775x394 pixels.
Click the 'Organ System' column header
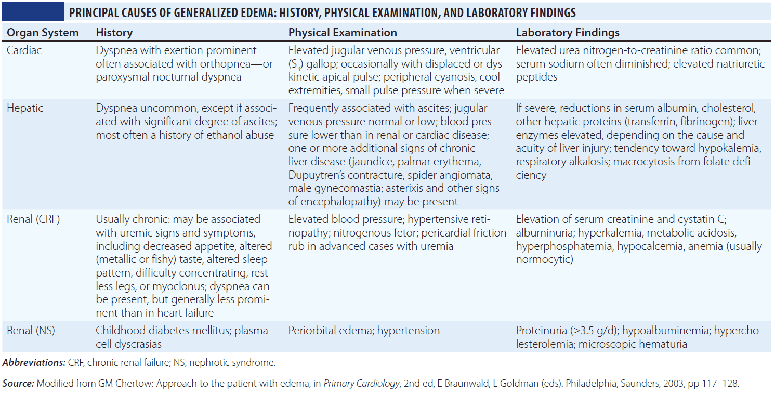point(42,33)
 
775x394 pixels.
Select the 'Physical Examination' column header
point(343,33)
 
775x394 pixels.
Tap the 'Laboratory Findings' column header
point(568,33)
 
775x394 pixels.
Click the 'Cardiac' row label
point(24,50)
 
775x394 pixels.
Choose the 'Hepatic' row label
point(25,109)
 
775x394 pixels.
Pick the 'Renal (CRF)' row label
point(33,219)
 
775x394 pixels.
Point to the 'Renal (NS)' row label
point(31,331)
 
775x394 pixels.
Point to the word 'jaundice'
point(389,162)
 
